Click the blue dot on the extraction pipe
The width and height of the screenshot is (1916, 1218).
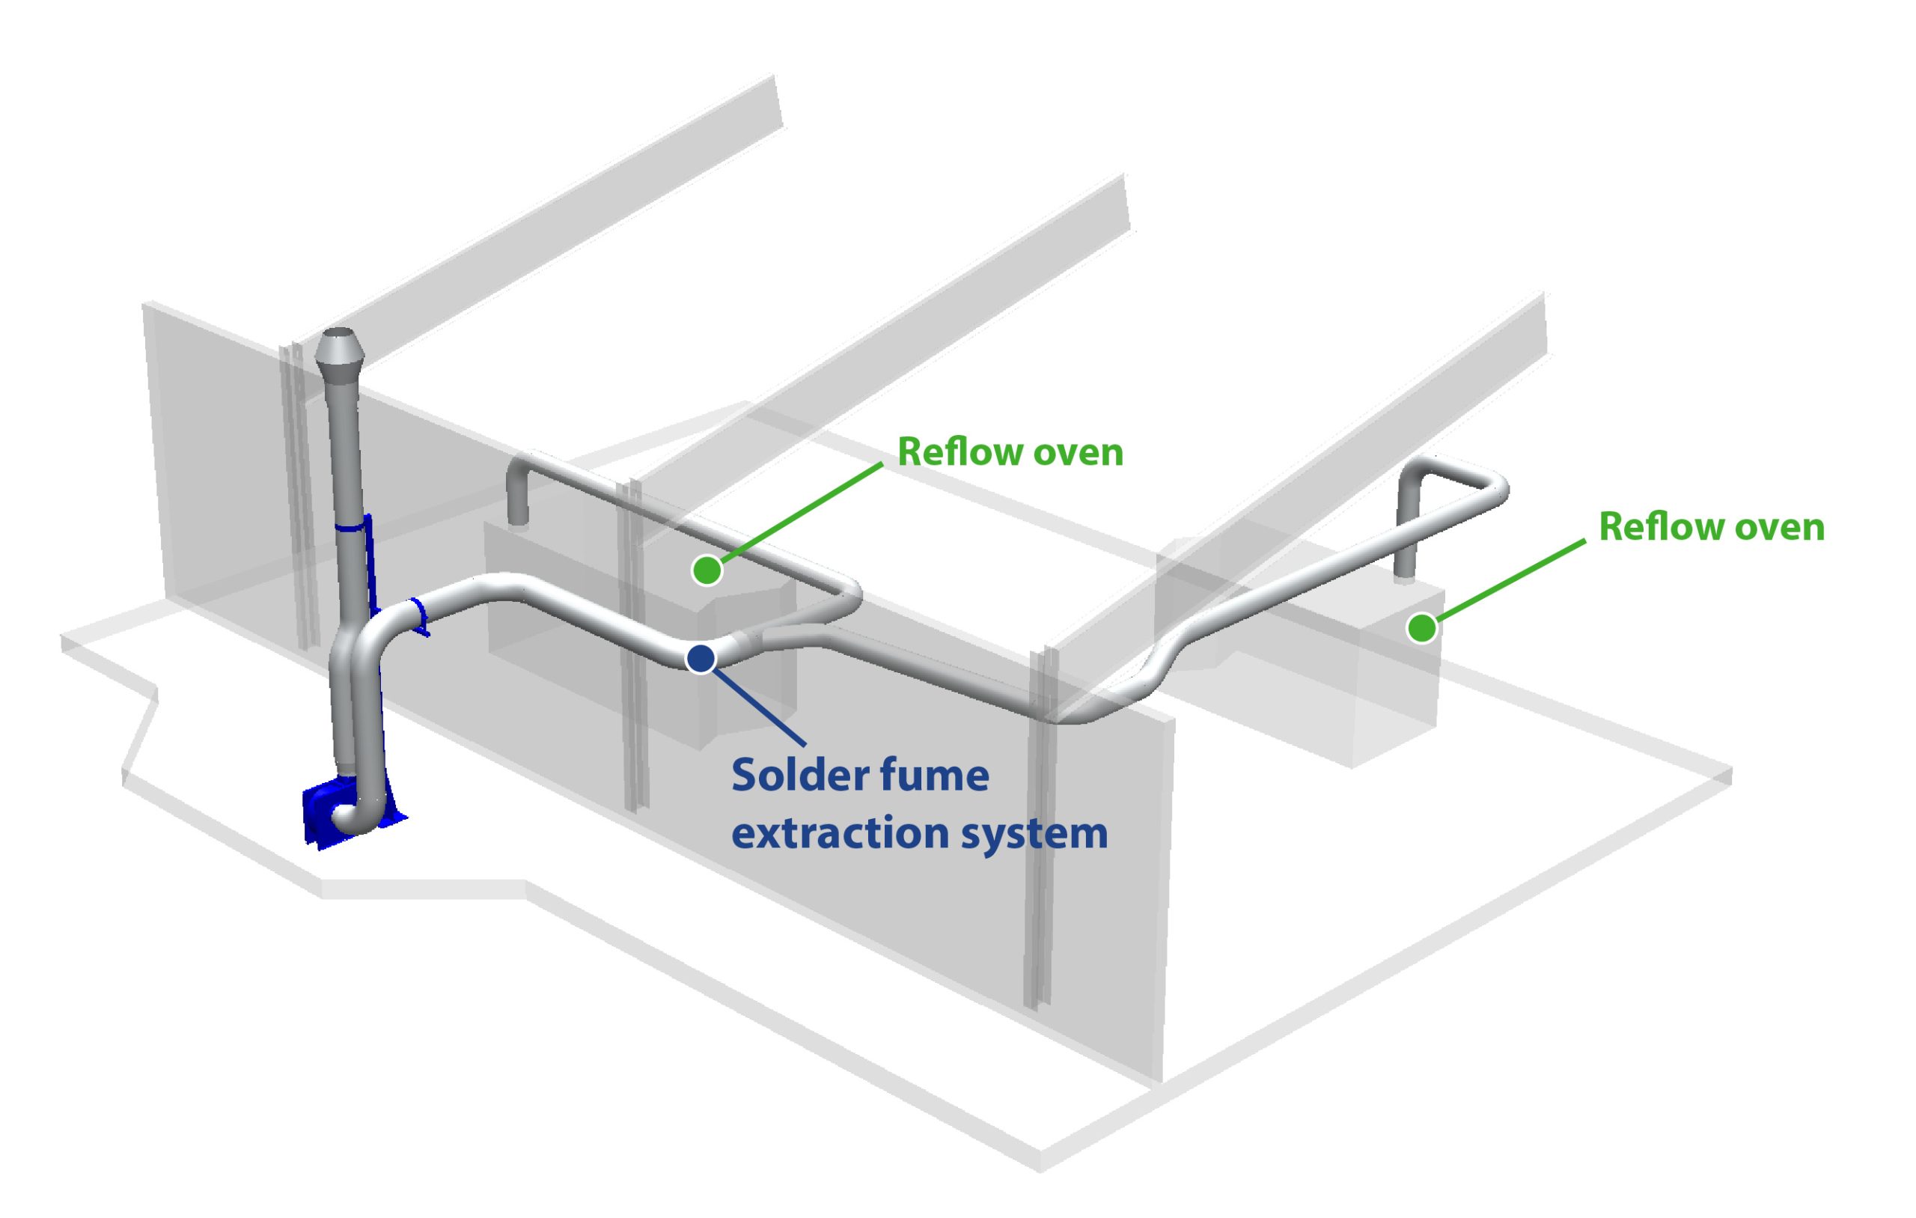[701, 658]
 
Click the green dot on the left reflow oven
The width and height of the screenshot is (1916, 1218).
[707, 570]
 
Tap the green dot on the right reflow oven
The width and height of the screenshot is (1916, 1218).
[1421, 628]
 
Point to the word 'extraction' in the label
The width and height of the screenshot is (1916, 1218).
[840, 833]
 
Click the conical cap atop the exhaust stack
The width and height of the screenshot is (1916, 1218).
[340, 351]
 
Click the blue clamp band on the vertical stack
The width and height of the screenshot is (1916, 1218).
[352, 527]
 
